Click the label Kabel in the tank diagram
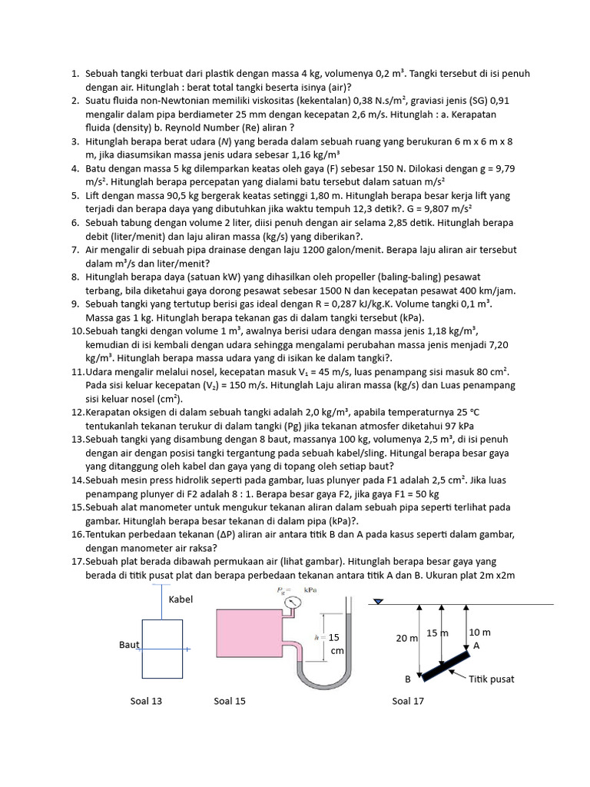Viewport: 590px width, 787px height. (181, 599)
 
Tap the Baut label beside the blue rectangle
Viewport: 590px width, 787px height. (128, 645)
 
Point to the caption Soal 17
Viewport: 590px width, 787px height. (407, 701)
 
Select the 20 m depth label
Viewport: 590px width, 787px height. (406, 639)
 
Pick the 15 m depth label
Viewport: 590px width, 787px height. (438, 633)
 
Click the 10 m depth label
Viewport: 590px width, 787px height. (479, 632)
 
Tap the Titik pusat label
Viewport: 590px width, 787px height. (491, 679)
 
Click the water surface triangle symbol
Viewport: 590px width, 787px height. (377, 603)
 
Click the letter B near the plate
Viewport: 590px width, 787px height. (408, 679)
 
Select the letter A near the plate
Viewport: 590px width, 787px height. (476, 646)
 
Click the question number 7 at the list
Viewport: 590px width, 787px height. (75, 250)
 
